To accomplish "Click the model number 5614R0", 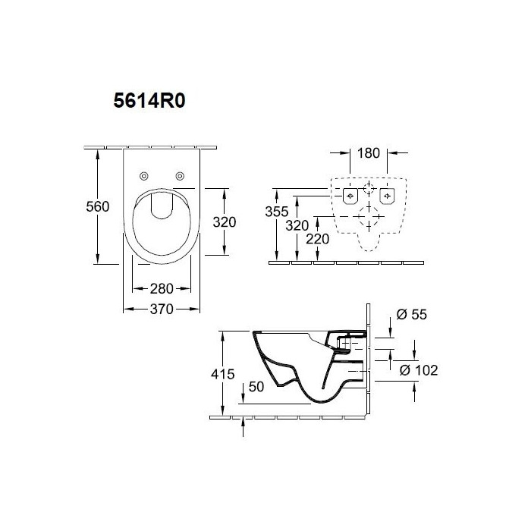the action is pyautogui.click(x=149, y=101).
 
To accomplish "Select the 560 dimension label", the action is pyautogui.click(x=98, y=206).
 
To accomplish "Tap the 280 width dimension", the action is pyautogui.click(x=162, y=288).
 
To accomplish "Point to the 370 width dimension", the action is pyautogui.click(x=162, y=309).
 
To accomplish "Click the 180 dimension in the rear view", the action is pyautogui.click(x=369, y=153).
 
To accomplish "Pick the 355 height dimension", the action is pyautogui.click(x=277, y=212).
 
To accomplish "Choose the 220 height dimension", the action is pyautogui.click(x=317, y=239).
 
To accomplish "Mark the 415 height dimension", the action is pyautogui.click(x=222, y=374).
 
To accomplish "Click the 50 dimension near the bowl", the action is pyautogui.click(x=256, y=387).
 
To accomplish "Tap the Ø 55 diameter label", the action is pyautogui.click(x=411, y=315).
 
